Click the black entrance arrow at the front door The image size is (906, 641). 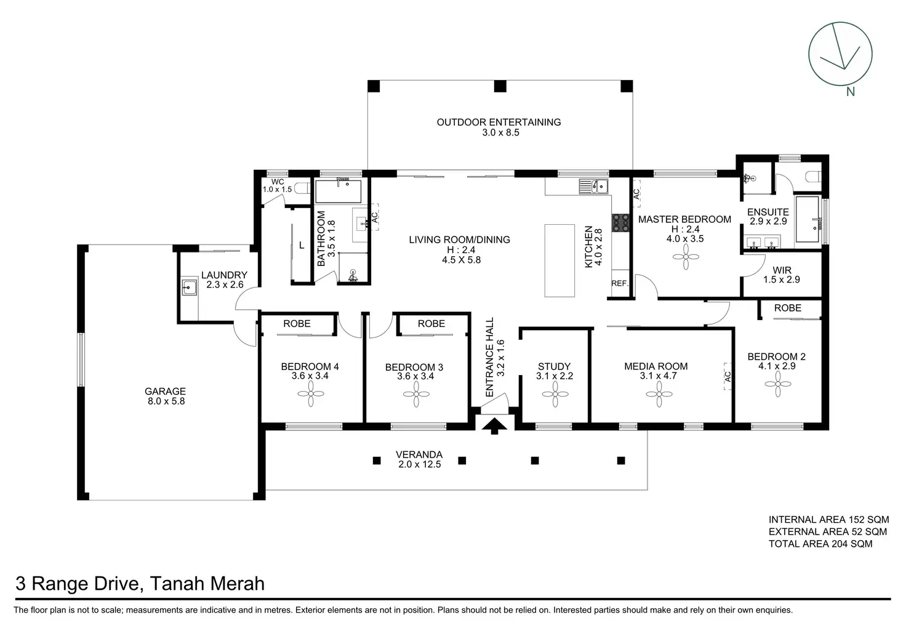pyautogui.click(x=494, y=426)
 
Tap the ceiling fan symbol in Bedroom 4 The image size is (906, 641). pyautogui.click(x=311, y=393)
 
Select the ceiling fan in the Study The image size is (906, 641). pyautogui.click(x=555, y=393)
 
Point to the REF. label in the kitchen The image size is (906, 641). pyautogui.click(x=620, y=284)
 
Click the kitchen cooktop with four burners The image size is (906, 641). pyautogui.click(x=620, y=223)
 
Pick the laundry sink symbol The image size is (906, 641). pyautogui.click(x=189, y=288)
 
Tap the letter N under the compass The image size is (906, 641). pyautogui.click(x=850, y=92)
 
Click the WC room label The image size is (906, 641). pyautogui.click(x=278, y=182)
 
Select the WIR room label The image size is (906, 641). pyautogui.click(x=782, y=270)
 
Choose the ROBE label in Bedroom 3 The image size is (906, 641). pyautogui.click(x=431, y=324)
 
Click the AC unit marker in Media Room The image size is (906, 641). pyautogui.click(x=728, y=376)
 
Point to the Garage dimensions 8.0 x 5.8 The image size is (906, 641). pyautogui.click(x=166, y=401)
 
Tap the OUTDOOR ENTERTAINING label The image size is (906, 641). pyautogui.click(x=499, y=122)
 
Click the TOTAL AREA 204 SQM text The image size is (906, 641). pyautogui.click(x=820, y=544)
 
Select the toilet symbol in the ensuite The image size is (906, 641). pyautogui.click(x=814, y=177)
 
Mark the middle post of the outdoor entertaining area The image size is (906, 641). pyautogui.click(x=500, y=86)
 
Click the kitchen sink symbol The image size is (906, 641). pyautogui.click(x=593, y=187)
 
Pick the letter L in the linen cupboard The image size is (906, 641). pyautogui.click(x=302, y=245)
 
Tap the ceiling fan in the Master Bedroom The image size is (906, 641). pyautogui.click(x=686, y=257)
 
